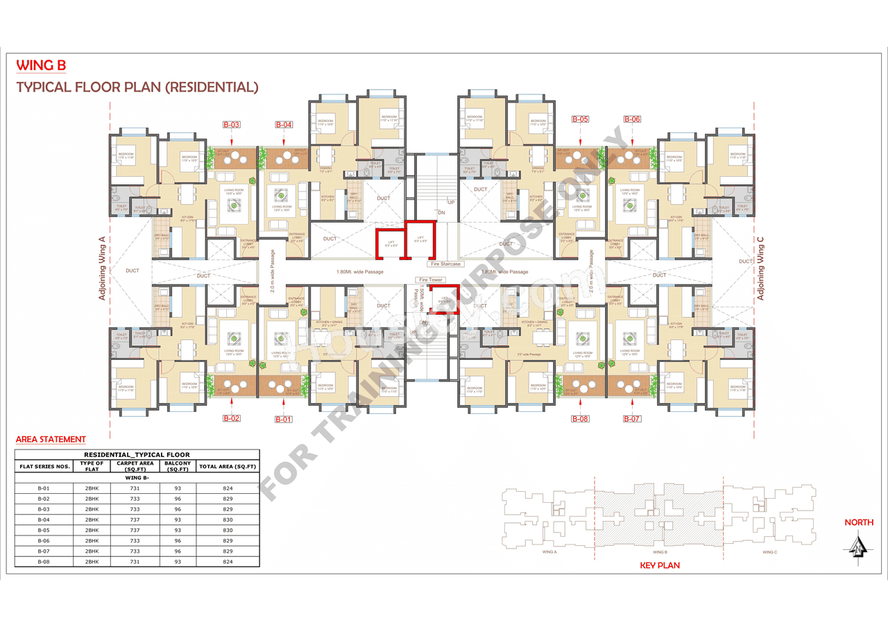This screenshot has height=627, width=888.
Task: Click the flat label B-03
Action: pos(232,125)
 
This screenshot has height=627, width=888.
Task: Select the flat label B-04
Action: pos(284,125)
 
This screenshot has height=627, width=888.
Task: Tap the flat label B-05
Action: pos(580,119)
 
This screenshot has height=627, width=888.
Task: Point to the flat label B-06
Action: pos(631,119)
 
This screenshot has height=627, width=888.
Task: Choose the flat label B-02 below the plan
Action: pos(232,418)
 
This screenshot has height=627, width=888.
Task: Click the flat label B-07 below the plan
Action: pos(631,418)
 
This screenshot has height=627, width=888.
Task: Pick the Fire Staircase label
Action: pos(445,264)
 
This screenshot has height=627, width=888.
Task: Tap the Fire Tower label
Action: pos(430,280)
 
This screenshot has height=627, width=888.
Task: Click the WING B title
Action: pos(41,66)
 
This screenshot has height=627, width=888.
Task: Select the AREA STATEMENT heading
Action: pos(51,439)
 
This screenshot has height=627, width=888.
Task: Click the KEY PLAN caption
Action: pos(659,565)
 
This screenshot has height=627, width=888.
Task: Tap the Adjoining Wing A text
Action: pos(102,267)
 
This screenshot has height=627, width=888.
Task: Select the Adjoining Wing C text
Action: pos(760,268)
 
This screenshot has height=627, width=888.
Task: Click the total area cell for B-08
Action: pos(228,561)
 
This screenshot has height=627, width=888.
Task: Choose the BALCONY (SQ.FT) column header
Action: pos(178,466)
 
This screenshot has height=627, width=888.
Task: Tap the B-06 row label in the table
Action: pos(43,540)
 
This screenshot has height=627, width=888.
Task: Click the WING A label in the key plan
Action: pos(551,552)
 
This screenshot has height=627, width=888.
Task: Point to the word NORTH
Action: pos(859,522)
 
